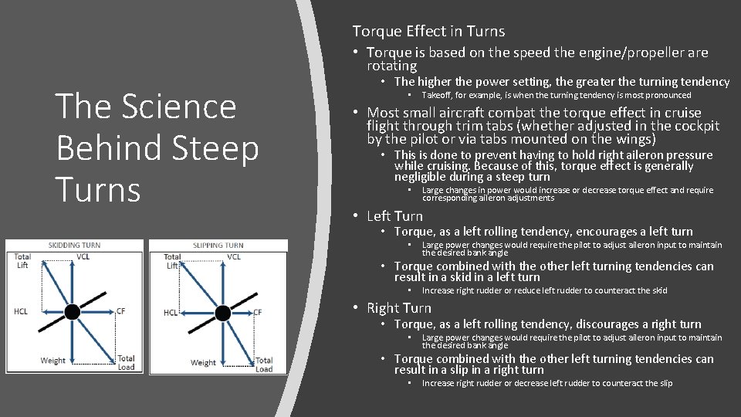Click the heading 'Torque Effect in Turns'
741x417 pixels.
428,32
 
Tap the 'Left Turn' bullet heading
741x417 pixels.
394,216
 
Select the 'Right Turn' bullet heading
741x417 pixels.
399,308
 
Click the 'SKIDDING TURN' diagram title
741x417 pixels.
75,246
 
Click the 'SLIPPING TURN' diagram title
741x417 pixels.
218,246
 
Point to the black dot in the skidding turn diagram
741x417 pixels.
72,311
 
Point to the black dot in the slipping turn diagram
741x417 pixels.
222,312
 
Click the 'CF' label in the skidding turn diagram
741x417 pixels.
120,311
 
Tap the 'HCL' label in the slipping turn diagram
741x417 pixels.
171,313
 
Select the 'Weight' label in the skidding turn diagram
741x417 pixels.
53,361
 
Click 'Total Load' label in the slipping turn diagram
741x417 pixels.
264,364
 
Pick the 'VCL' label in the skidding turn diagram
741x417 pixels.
83,256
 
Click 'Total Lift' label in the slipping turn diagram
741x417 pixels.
172,261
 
